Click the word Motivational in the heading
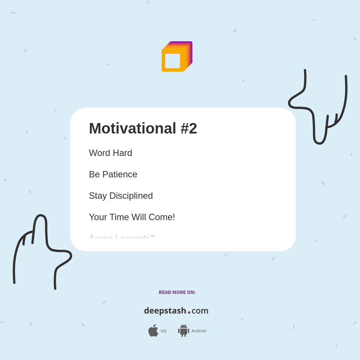132,128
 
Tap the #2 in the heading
189,128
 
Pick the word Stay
97,196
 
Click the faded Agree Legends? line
122,238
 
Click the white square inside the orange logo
172,61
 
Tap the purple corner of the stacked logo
190,43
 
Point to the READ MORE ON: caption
177,292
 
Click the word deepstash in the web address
165,311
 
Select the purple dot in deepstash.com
189,312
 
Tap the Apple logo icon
153,331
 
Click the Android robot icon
183,331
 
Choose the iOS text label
163,331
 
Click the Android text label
199,331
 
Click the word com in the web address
200,311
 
